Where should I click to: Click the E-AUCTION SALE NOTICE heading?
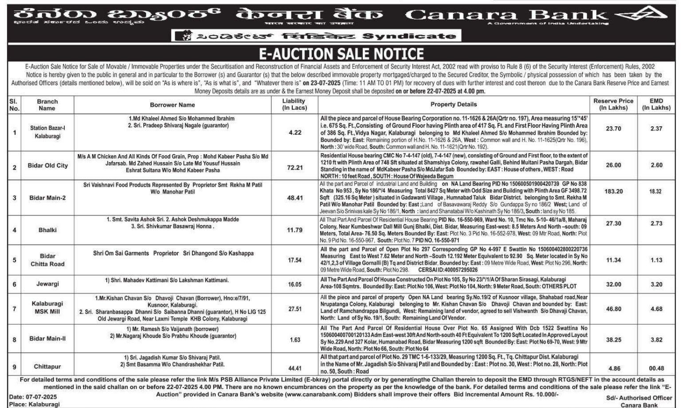341,54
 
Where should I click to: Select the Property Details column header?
454,105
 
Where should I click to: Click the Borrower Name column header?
172,105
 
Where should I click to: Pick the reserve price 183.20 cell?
613,191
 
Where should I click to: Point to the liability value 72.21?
295,167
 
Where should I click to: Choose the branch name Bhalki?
47,230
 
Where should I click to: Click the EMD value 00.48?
657,368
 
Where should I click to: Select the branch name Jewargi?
47,284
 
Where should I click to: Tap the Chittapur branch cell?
47,367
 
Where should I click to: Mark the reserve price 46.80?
613,309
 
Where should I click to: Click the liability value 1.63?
295,340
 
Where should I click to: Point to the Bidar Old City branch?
47,166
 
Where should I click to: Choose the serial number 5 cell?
15,260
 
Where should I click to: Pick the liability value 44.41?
295,368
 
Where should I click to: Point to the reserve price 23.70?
613,128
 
